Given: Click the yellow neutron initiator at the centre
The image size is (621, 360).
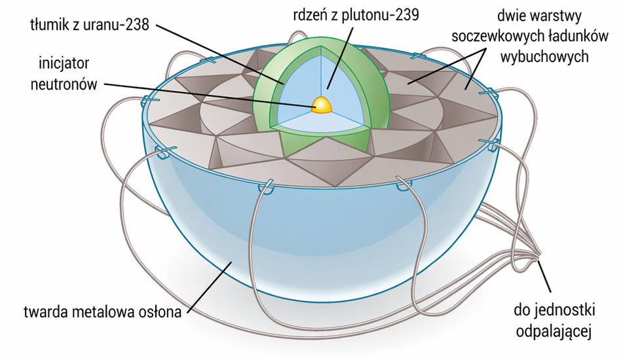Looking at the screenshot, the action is (x=321, y=105).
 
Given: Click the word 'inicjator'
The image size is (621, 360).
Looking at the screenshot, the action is (x=64, y=63).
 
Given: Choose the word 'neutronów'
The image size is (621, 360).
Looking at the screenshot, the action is (x=64, y=84).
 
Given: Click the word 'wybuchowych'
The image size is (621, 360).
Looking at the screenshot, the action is (x=544, y=56).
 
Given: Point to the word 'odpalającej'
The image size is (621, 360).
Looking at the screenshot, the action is (x=554, y=331).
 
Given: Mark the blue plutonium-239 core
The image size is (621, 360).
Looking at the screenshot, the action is (x=305, y=91).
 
